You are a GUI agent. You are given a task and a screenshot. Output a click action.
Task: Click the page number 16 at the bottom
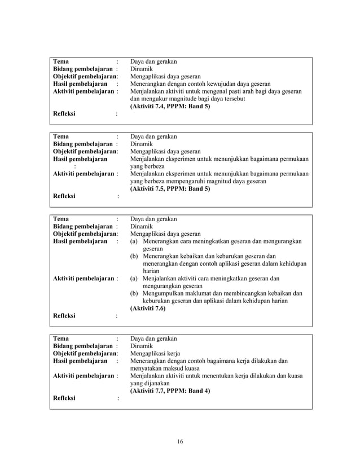pos(179,441)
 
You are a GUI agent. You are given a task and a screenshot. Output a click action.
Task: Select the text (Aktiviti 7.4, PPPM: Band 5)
pos(170,107)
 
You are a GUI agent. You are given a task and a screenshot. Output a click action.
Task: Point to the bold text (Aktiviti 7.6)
pos(148,309)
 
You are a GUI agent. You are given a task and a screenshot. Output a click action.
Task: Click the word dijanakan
pos(158,383)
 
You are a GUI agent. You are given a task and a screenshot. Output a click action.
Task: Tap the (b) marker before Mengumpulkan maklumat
pos(134,293)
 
